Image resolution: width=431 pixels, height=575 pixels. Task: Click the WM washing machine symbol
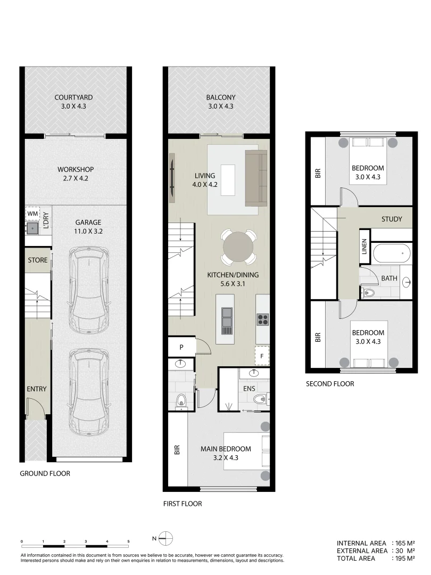point(32,213)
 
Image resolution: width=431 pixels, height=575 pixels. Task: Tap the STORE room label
point(38,260)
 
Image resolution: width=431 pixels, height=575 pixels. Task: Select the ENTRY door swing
point(35,409)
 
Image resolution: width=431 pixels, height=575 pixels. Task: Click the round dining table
point(239,247)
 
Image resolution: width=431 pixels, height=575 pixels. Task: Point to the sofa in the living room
point(256,178)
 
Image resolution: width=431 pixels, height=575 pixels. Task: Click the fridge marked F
point(262,353)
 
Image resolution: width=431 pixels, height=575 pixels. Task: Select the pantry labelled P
point(181,347)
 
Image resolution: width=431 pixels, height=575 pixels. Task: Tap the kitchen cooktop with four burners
point(263,319)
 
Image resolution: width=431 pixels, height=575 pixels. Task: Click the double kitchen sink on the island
point(227,317)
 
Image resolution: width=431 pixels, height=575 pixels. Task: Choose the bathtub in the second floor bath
point(392,253)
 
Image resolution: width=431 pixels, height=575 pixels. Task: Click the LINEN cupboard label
point(364,246)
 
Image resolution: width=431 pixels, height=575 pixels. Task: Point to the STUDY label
point(392,219)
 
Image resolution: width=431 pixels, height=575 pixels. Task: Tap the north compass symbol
point(167,538)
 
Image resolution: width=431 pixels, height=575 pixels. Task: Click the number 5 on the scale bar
point(128,541)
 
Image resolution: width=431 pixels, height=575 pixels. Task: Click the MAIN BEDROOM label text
point(226,449)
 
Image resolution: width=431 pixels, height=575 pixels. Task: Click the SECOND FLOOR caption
point(330,384)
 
